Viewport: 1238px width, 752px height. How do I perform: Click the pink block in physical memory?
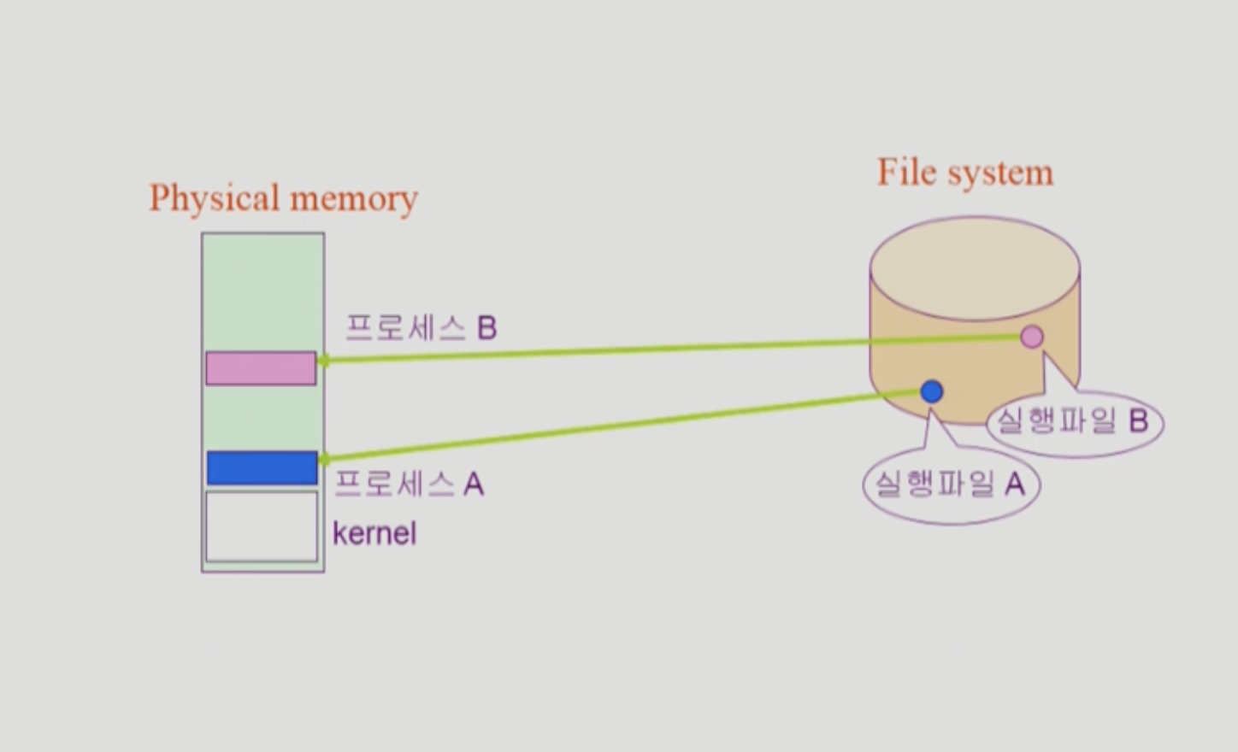click(261, 368)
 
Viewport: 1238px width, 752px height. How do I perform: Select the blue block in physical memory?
click(262, 468)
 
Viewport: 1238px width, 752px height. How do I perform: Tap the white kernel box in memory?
click(262, 526)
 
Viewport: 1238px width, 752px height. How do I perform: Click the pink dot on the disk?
click(1032, 337)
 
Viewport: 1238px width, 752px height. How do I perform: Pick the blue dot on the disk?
click(932, 391)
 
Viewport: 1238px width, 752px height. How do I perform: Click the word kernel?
click(374, 534)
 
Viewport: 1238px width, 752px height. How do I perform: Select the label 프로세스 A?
click(409, 485)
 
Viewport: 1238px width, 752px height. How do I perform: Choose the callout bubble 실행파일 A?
click(951, 485)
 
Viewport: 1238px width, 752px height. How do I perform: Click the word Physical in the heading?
click(214, 198)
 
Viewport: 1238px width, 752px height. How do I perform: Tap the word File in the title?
click(907, 172)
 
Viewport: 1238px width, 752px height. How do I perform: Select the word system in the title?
click(1000, 173)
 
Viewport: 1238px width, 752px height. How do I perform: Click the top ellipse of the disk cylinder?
click(975, 268)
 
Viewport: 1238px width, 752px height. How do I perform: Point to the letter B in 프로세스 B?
click(487, 328)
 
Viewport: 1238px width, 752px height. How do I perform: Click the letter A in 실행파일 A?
click(1015, 485)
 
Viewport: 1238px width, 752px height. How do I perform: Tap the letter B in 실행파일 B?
click(1138, 420)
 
